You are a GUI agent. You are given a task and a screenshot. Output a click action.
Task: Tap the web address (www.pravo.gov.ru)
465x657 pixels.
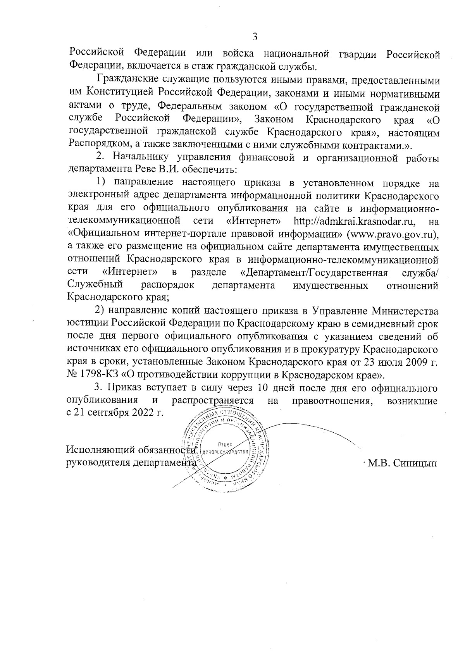coord(393,234)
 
